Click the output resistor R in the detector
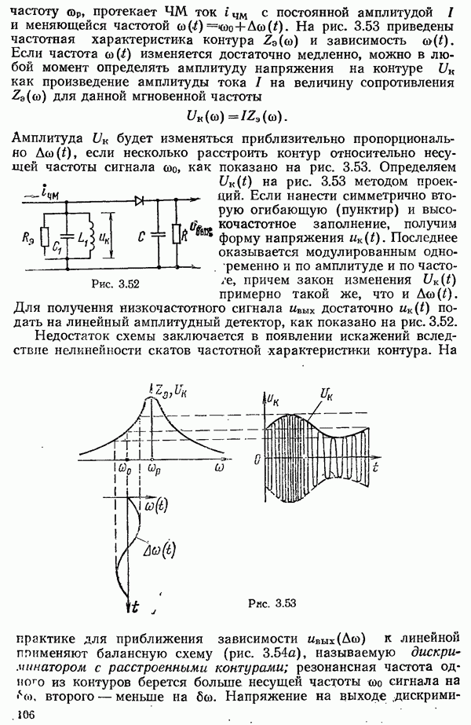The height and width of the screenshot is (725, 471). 183,234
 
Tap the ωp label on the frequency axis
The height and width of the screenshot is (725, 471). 153,467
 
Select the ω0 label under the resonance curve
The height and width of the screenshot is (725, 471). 124,467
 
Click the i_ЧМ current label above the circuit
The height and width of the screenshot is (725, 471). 59,185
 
